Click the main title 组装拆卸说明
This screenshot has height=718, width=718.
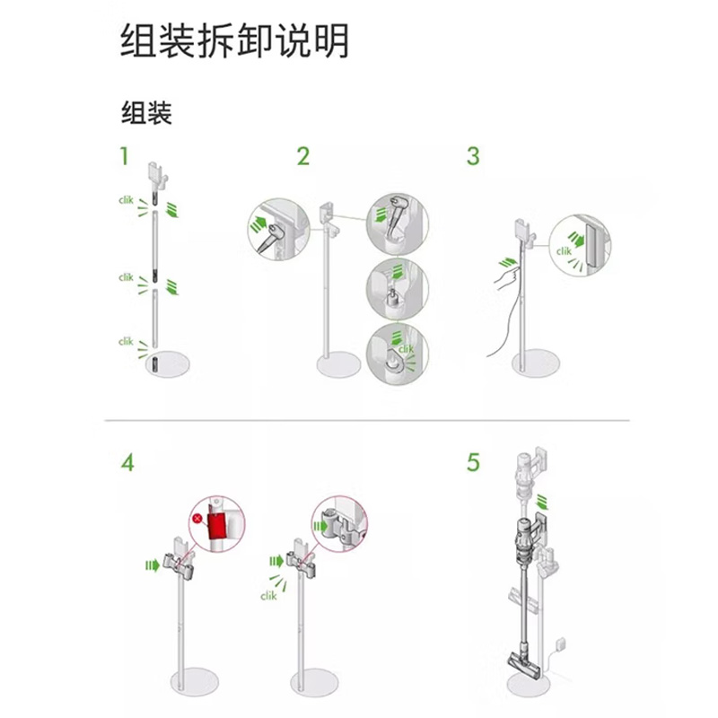point(234,41)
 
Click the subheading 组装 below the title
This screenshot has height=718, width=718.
point(146,113)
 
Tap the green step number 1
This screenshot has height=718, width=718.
point(124,156)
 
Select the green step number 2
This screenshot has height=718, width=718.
point(303,156)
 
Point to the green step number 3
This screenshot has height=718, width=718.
point(473,156)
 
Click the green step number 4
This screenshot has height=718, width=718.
point(127,462)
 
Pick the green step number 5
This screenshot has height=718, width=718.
point(474,462)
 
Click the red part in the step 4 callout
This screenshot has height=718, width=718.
point(216,526)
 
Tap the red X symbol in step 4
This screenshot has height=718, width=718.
point(197,519)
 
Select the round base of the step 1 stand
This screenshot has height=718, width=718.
point(168,364)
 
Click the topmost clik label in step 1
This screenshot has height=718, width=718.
point(126,200)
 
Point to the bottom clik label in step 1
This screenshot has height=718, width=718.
point(126,342)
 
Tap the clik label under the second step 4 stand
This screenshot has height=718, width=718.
point(268,596)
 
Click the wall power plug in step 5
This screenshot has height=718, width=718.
point(560,644)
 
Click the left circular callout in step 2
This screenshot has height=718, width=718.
point(278,230)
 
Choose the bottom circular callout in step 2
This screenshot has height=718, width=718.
point(398,354)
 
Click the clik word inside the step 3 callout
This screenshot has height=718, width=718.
point(564,251)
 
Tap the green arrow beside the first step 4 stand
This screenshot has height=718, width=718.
point(153,565)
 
